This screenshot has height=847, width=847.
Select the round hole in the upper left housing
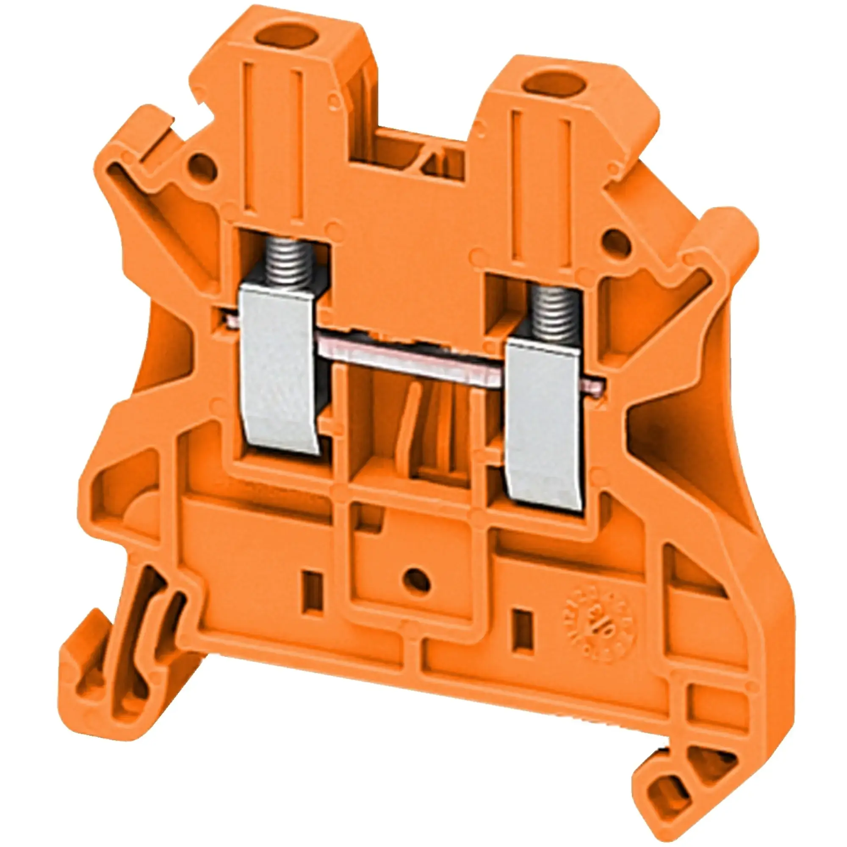(x=202, y=167)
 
